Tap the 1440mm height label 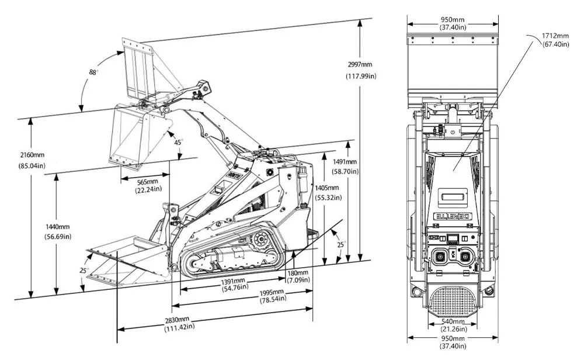click(57, 227)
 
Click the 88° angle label click(93, 72)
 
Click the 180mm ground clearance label click(297, 272)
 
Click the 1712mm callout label click(555, 36)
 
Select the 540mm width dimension click(453, 321)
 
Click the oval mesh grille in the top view click(453, 302)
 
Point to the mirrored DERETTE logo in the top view click(453, 215)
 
